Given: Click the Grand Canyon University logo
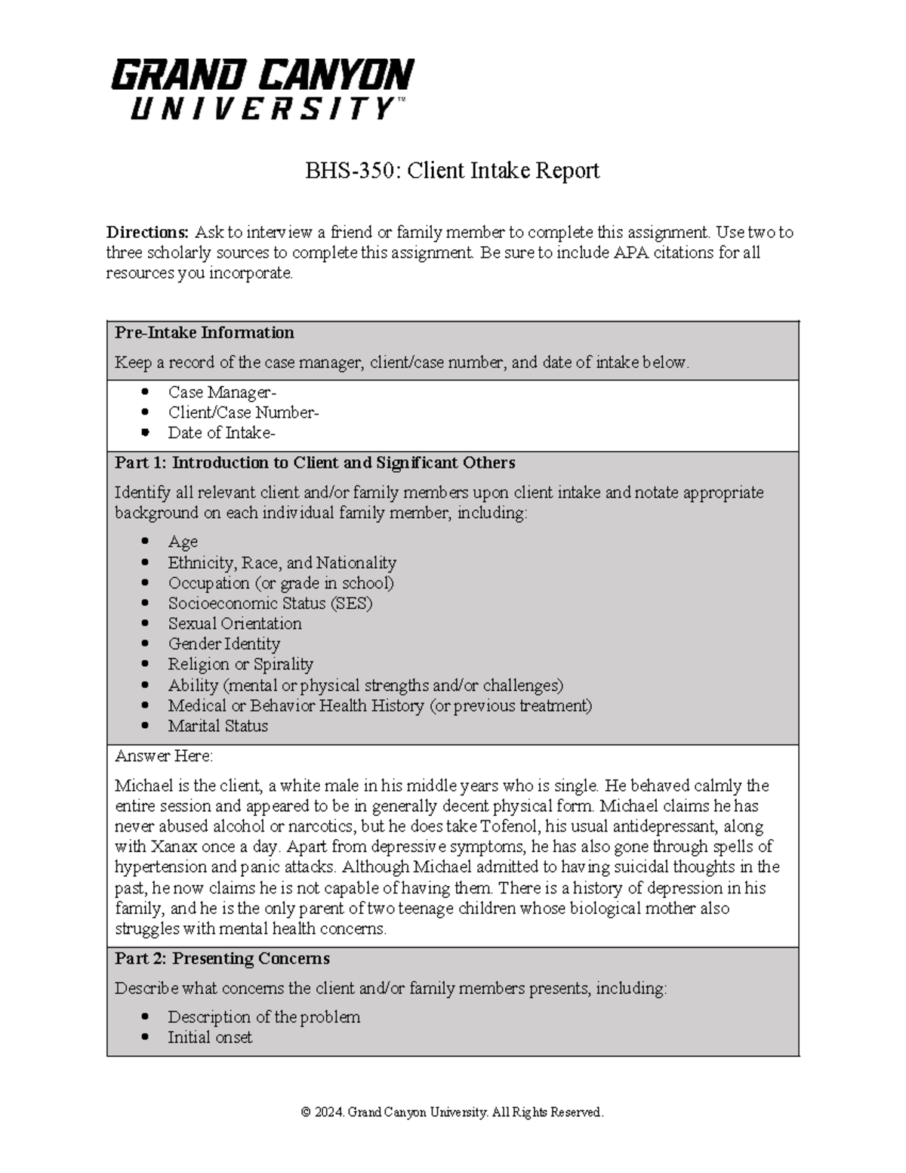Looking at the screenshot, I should pyautogui.click(x=262, y=89).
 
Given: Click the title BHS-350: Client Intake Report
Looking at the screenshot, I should pyautogui.click(x=451, y=171).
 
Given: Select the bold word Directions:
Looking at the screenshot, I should pyautogui.click(x=147, y=232).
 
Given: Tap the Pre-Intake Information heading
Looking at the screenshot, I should pyautogui.click(x=204, y=333).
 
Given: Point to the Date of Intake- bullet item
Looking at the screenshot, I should pyautogui.click(x=221, y=433).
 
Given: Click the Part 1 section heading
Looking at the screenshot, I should pyautogui.click(x=315, y=463).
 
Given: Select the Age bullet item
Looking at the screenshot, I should pyautogui.click(x=183, y=542).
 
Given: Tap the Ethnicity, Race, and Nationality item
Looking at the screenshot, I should pyautogui.click(x=282, y=563).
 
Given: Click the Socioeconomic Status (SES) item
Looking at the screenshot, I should pyautogui.click(x=270, y=603).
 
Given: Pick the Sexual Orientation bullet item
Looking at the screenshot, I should pyautogui.click(x=234, y=624).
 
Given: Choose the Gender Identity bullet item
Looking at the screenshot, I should pyautogui.click(x=223, y=644).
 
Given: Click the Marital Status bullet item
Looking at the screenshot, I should pyautogui.click(x=217, y=726).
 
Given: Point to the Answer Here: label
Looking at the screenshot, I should pyautogui.click(x=164, y=756).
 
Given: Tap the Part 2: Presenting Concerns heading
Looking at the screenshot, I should pyautogui.click(x=222, y=959).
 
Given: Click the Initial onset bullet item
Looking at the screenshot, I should pyautogui.click(x=210, y=1038).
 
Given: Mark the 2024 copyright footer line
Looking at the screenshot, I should pyautogui.click(x=451, y=1112).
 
